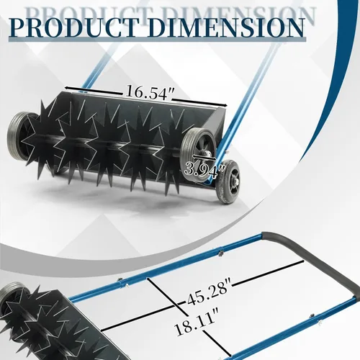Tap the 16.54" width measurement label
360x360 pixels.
[x=150, y=92]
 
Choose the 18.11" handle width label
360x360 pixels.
[x=197, y=322]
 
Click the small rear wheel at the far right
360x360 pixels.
[x=228, y=181]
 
